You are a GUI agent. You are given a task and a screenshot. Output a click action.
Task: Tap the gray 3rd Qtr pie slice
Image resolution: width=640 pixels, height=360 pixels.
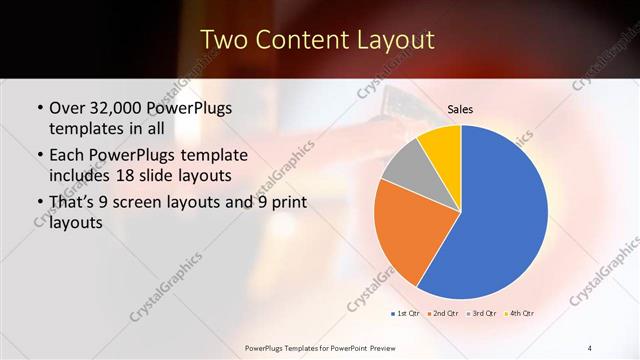pyautogui.click(x=405, y=167)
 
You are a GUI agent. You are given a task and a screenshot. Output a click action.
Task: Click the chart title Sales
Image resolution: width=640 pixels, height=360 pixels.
pyautogui.click(x=460, y=110)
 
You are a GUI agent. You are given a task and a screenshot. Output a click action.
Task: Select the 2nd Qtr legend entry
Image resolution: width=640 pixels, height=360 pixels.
pyautogui.click(x=444, y=314)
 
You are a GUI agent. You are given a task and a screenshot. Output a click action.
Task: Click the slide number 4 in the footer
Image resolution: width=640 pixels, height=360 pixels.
pyautogui.click(x=589, y=347)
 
